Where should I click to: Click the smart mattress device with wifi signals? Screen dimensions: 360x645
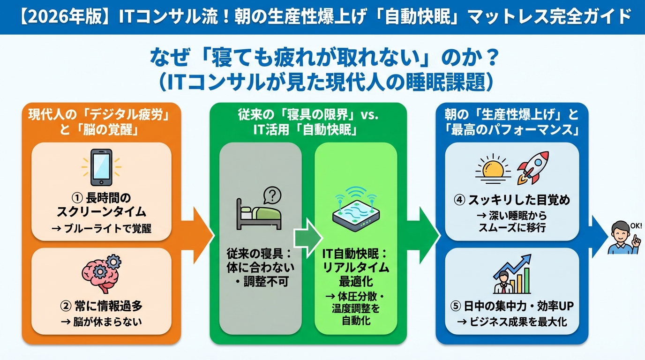click(x=356, y=210)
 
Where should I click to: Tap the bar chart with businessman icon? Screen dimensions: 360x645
click(x=512, y=275)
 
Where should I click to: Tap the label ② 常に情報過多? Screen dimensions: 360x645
click(x=101, y=307)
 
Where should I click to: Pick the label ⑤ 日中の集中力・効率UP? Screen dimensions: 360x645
click(x=512, y=307)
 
